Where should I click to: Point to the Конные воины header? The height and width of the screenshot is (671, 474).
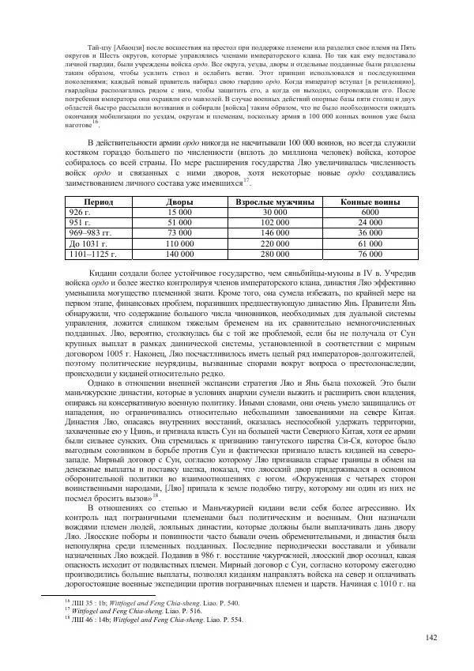tap(369, 203)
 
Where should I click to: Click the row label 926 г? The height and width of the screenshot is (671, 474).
tap(82, 213)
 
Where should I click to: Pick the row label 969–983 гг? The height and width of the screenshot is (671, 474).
tap(92, 234)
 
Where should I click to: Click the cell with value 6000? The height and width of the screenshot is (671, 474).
tap(369, 213)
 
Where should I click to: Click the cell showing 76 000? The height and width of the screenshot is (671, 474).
tap(369, 254)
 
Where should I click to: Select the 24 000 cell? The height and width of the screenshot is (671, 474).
tap(369, 224)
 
